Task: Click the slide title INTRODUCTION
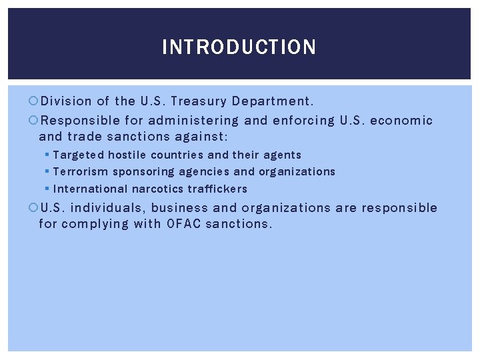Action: [239, 47]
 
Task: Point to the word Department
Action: [272, 101]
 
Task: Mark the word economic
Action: [401, 121]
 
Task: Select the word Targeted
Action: [79, 155]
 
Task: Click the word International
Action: [91, 189]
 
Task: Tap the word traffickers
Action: [217, 189]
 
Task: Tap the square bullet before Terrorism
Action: [47, 171]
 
